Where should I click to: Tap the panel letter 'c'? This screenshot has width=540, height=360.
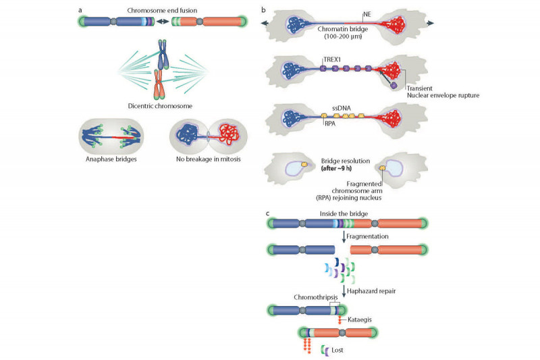point(268,213)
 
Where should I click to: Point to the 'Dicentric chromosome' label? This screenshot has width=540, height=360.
point(161,105)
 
